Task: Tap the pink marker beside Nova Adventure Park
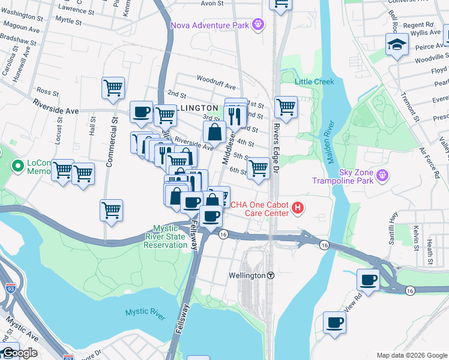[x=258, y=25]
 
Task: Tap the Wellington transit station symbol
[x=271, y=275]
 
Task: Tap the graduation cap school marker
[x=397, y=45]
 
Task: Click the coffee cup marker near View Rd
[x=334, y=322]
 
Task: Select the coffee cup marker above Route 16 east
[x=368, y=279]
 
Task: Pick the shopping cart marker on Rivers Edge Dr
[x=286, y=107]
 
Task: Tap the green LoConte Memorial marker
[x=16, y=166]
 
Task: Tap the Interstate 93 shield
[x=11, y=288]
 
